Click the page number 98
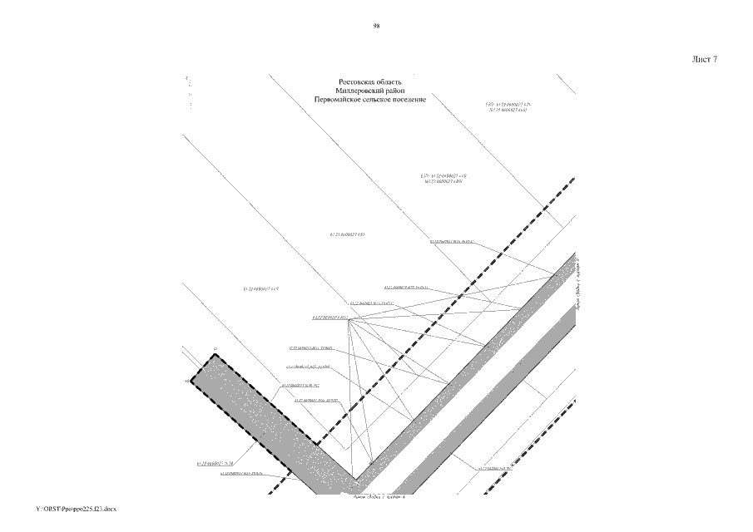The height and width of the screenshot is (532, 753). tap(377, 27)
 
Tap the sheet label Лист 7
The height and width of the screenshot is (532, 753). tap(704, 60)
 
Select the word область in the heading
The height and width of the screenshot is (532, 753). tap(388, 82)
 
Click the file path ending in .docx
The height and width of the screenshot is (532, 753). tap(77, 507)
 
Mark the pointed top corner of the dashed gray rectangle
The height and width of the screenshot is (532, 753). tap(215, 355)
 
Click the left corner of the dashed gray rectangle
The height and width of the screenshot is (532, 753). tap(191, 383)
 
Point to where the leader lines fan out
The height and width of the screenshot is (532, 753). tap(349, 320)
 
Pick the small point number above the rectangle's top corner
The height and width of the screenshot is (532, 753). tap(215, 347)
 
